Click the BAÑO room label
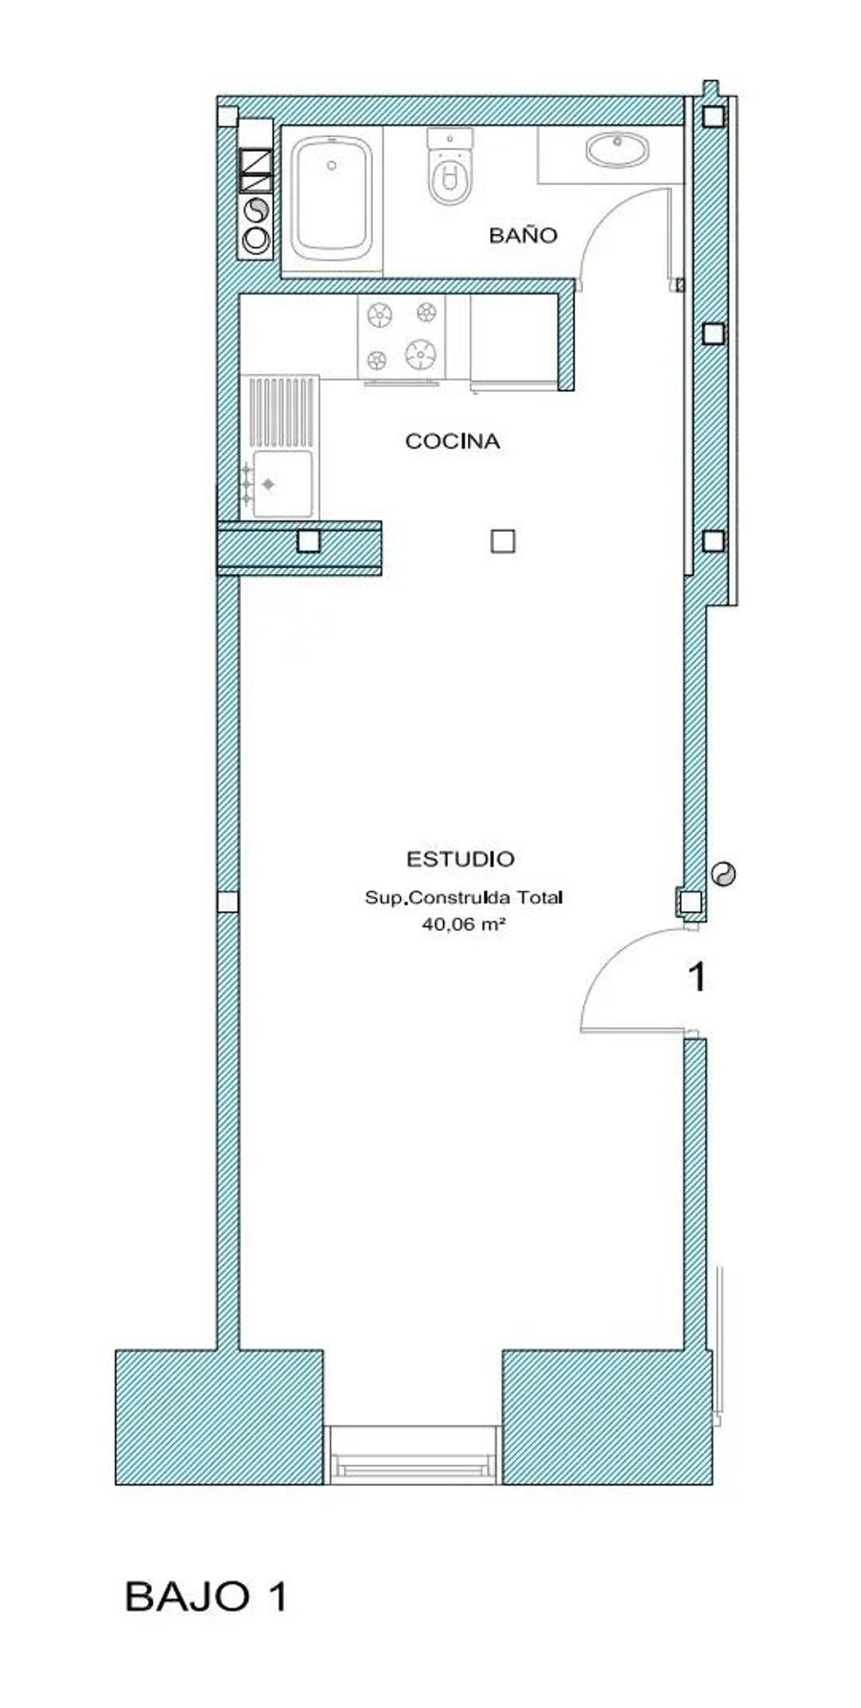click(523, 235)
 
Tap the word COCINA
click(452, 442)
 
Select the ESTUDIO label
click(460, 859)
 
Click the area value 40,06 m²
click(464, 925)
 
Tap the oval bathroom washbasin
click(618, 149)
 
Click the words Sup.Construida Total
click(464, 898)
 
